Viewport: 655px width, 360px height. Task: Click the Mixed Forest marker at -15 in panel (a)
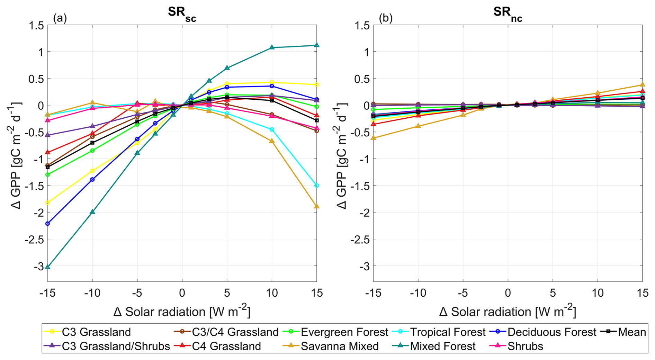coord(48,267)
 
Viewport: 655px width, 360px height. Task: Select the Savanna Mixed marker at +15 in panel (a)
coord(316,207)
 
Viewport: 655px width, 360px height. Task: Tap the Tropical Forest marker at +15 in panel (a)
coord(316,186)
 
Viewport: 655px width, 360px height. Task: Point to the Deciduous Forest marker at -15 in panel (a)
coord(48,224)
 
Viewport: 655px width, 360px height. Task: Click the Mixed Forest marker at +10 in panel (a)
coord(272,47)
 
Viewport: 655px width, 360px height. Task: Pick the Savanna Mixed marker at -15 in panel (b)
coord(373,138)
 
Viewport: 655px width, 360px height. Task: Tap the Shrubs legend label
coord(525,346)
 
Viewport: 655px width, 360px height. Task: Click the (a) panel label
coord(60,18)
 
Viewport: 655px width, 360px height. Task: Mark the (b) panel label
coord(386,18)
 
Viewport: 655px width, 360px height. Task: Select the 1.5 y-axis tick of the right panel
coord(362,25)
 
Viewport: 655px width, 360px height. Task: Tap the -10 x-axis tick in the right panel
coord(418,293)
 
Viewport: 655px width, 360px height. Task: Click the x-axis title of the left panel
coord(182,312)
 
